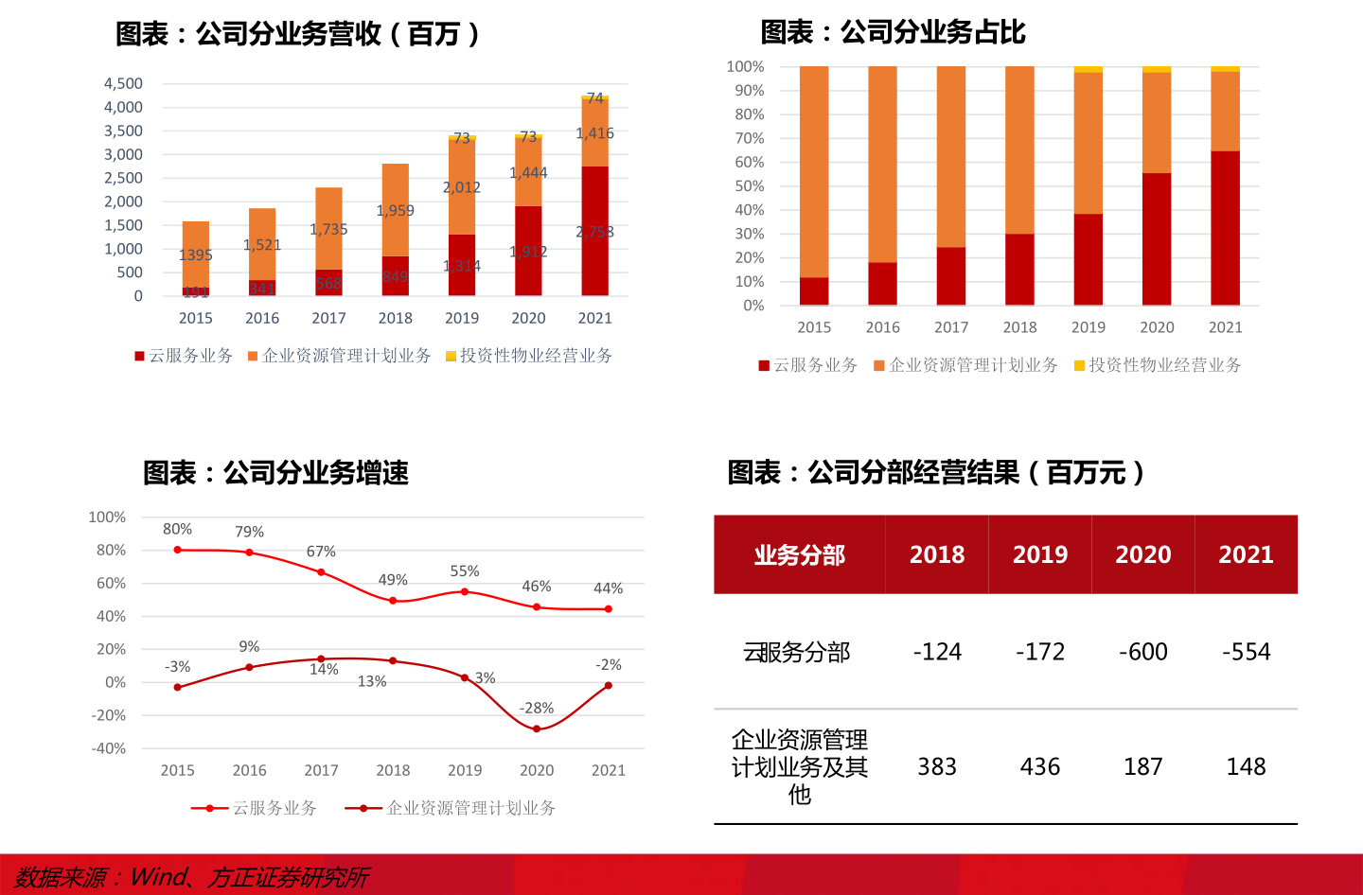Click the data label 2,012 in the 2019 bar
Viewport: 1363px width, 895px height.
(x=462, y=187)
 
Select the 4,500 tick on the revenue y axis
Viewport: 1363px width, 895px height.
(x=123, y=84)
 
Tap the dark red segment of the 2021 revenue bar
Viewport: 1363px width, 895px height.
(x=594, y=232)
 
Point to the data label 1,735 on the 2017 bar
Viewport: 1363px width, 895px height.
(x=328, y=229)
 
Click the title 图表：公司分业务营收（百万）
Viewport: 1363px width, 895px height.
(x=298, y=34)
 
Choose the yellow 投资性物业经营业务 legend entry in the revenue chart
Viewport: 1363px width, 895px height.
(x=529, y=356)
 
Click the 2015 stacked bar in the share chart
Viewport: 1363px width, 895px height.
(x=814, y=184)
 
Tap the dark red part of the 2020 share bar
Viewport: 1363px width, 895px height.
(x=1157, y=238)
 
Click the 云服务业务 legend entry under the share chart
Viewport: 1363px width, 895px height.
(x=807, y=365)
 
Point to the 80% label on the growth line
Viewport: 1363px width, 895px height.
(x=177, y=530)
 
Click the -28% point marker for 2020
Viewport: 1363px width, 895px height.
(x=537, y=729)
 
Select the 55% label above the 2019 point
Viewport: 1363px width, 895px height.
(x=465, y=571)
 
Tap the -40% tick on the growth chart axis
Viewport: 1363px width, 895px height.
(x=109, y=748)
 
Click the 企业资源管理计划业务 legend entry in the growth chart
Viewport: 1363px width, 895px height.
(x=451, y=808)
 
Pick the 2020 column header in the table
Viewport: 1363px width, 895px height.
(x=1142, y=554)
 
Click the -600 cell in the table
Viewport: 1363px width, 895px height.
(x=1142, y=652)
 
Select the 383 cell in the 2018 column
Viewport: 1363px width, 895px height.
(x=937, y=766)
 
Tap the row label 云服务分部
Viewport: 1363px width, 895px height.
(x=797, y=652)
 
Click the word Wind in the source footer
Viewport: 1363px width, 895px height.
(x=159, y=877)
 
